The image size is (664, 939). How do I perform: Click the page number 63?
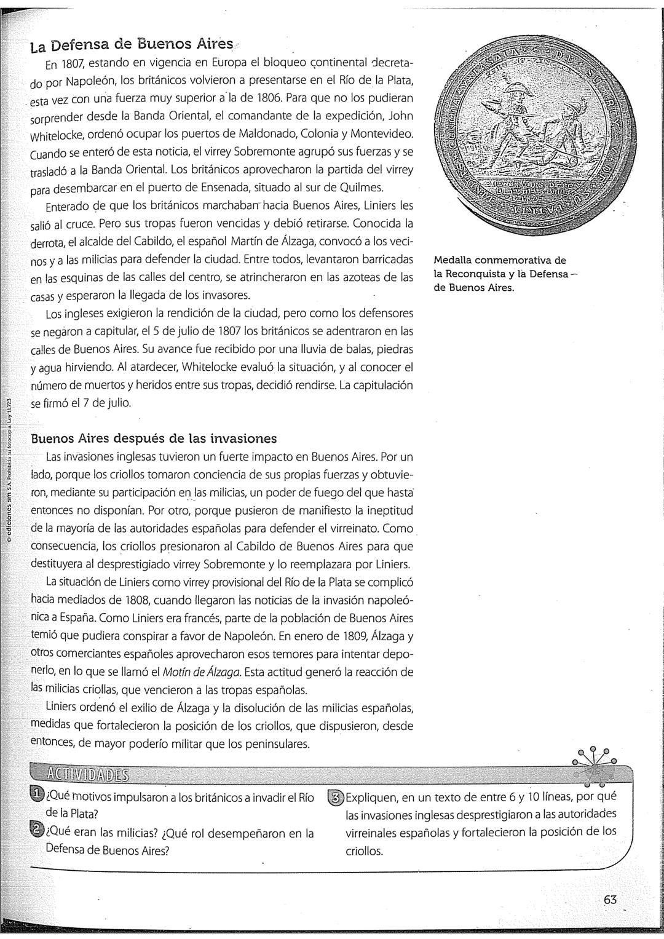(610, 900)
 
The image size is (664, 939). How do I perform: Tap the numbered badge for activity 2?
(38, 833)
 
